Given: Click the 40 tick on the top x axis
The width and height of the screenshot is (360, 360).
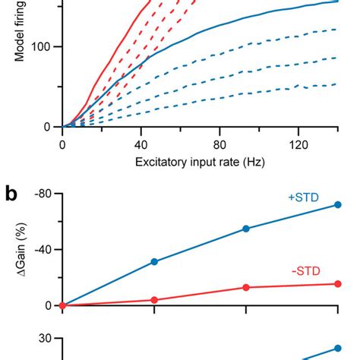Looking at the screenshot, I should (141, 144).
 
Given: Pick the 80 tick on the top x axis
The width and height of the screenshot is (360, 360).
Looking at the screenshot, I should (219, 144).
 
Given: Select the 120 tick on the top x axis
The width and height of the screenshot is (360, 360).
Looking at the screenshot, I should (298, 144).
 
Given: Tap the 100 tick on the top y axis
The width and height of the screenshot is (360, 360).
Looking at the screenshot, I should (44, 47).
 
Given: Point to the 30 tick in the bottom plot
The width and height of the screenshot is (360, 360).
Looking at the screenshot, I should (47, 340).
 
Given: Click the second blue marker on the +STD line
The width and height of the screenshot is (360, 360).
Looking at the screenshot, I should (154, 261).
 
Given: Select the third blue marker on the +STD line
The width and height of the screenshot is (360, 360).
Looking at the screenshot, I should (246, 229).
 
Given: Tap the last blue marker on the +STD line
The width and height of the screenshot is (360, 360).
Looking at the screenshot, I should (338, 204).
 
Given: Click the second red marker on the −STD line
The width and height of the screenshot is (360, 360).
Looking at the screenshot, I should (154, 300).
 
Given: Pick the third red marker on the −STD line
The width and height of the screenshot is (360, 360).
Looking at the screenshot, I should (246, 287).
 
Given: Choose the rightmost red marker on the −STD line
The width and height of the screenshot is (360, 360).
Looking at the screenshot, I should (338, 284).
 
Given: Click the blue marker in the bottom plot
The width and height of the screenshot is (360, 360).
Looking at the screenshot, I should (338, 349).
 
